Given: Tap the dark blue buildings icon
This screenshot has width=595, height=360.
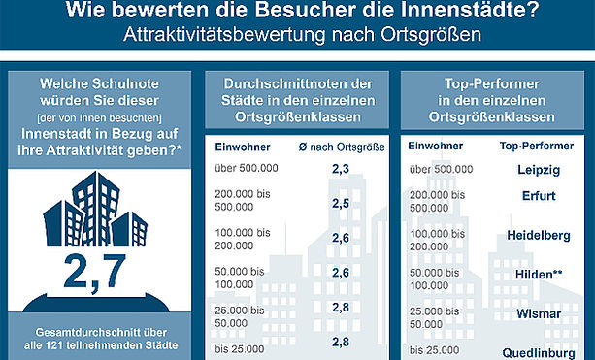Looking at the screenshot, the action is click(95, 209).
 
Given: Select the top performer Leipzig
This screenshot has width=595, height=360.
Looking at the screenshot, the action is click(539, 170).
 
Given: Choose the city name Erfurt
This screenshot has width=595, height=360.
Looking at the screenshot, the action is click(539, 196).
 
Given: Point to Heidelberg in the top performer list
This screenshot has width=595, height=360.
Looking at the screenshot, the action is click(539, 236).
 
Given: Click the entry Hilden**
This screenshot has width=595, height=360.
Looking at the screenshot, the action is click(539, 275).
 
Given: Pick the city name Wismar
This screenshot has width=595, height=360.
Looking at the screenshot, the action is click(539, 313).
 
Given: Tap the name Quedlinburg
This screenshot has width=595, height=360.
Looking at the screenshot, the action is click(539, 353).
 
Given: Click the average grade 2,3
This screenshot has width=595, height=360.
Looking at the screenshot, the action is click(341, 169).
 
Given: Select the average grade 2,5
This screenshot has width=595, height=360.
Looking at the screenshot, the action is click(341, 204).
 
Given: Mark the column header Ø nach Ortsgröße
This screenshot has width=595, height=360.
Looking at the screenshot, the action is click(342, 147).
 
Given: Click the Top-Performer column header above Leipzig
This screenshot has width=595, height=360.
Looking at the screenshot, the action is click(537, 147).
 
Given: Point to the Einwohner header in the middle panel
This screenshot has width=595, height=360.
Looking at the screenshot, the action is click(243, 147).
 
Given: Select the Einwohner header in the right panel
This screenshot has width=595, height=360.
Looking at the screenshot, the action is click(435, 146).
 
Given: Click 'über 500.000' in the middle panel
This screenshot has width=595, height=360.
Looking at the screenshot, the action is click(247, 168).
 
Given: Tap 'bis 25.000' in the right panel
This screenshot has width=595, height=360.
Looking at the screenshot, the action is click(435, 350).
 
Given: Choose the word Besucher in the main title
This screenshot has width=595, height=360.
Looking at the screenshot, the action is click(307, 10).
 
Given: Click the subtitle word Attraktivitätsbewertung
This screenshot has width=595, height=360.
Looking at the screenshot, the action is click(224, 35).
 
